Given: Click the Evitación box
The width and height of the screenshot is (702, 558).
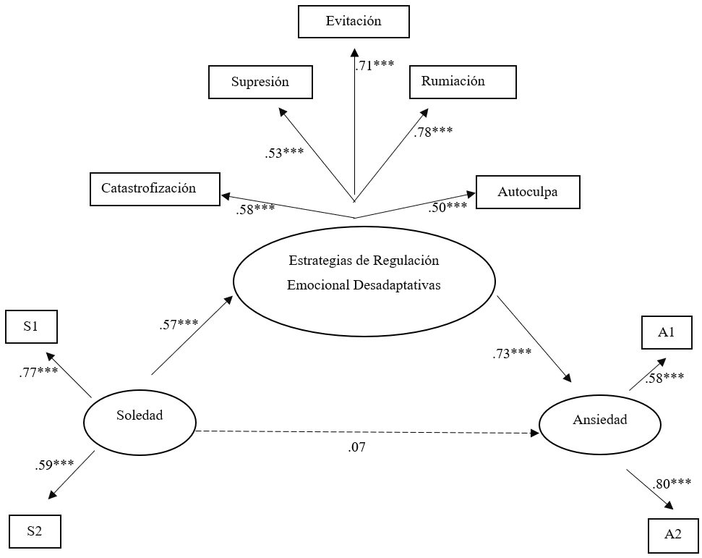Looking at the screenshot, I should [354, 22].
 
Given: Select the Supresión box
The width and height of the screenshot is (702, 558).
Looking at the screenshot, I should [260, 82].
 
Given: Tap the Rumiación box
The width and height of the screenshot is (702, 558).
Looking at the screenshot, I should [463, 82].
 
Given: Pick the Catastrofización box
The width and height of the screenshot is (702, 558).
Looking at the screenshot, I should [155, 188].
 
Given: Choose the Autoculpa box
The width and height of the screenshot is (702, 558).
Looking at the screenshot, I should [528, 192].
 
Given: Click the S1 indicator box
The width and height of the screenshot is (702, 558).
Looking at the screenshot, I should [31, 326].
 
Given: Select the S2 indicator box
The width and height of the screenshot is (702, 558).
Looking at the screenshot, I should [35, 531].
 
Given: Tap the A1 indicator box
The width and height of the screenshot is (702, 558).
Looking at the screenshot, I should [666, 333].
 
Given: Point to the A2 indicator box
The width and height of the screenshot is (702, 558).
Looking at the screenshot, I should [673, 535].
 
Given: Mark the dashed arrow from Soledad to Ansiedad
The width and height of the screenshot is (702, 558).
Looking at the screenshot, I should [361, 433].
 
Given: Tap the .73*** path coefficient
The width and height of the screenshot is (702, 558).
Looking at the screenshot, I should [510, 353].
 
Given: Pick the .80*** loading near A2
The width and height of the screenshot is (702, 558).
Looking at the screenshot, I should [671, 483].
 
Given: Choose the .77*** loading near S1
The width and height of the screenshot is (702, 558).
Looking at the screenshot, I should [38, 373].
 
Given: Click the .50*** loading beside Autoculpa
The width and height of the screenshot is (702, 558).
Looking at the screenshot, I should [448, 208].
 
